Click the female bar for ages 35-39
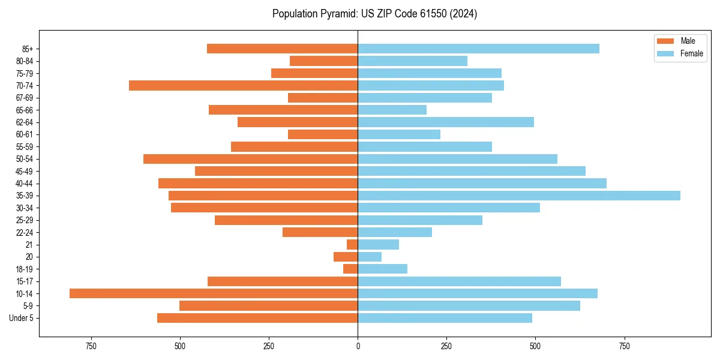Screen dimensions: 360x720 point(519,196)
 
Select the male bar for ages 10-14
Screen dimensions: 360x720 point(214,293)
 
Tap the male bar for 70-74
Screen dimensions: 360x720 point(243,86)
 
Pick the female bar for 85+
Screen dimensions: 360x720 point(478,49)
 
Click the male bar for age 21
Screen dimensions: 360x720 point(352,245)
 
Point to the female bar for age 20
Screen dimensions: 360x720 point(370,257)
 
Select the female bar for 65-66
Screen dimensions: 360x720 point(392,110)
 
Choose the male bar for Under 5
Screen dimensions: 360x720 point(257,318)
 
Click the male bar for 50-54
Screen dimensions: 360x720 point(250,159)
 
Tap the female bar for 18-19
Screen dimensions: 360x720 point(382,269)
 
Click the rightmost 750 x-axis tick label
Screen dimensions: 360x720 point(624,347)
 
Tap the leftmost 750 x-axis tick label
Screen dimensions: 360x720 point(91,347)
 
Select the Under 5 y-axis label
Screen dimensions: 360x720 point(21,318)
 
